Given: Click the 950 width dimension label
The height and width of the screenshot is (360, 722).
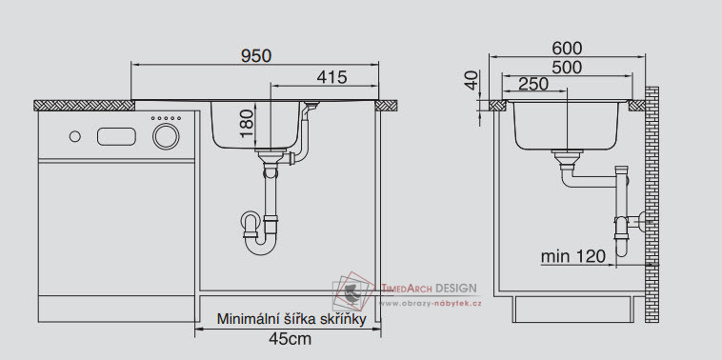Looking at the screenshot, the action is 256,55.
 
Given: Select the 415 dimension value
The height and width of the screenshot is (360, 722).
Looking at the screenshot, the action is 331,77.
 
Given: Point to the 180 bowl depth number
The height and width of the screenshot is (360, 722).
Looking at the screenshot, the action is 247,123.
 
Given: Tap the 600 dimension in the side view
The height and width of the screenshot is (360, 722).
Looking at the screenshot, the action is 568,48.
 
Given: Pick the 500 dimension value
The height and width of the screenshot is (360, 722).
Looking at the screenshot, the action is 567,68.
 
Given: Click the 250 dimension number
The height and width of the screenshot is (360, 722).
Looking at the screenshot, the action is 533,84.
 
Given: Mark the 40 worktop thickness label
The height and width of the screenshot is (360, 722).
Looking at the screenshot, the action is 471,81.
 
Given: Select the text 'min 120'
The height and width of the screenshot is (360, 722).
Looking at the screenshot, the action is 572,256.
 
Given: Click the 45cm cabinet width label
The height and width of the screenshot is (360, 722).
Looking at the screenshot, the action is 291,339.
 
